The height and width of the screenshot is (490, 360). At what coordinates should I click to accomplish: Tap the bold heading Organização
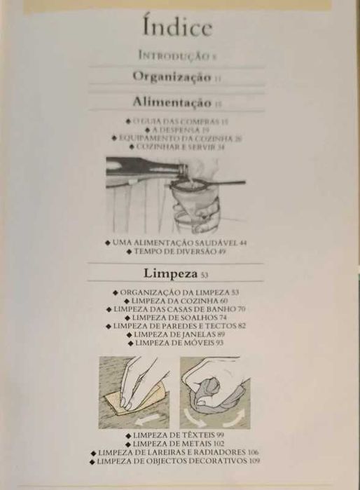point(172,76)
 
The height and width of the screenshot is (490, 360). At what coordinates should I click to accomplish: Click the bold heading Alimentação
point(172,102)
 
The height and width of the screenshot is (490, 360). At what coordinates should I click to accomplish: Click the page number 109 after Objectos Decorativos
point(254,461)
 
